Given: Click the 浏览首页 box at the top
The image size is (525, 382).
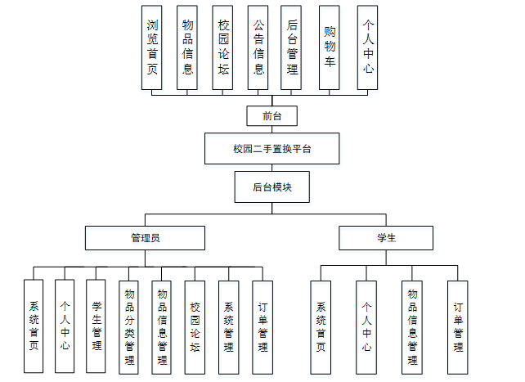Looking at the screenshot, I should tap(152, 47).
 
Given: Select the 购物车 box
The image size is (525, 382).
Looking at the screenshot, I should tap(330, 47).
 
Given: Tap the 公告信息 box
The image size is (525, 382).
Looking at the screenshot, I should tap(258, 47).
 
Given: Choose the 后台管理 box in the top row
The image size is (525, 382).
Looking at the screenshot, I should tap(293, 47).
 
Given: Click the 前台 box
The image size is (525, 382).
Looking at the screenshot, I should tap(271, 115).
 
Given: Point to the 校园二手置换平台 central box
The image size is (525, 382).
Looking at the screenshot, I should tap(271, 149).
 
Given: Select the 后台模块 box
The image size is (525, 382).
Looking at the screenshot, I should tap(271, 187).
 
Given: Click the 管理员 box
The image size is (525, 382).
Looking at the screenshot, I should tap(145, 237).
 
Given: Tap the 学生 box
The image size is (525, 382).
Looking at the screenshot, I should tap(386, 237).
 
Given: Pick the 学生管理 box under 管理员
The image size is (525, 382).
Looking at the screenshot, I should tap(96, 326).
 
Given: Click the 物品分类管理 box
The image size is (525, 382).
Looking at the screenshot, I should tap(129, 326).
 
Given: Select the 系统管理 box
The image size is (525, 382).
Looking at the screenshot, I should tap(229, 326).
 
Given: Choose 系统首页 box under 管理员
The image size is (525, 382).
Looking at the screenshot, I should tap(34, 326).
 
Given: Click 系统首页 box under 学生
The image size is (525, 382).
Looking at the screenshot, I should tap(321, 326).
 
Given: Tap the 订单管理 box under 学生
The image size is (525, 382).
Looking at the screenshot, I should tap(458, 326).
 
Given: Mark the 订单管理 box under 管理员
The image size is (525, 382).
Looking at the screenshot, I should tap(262, 326).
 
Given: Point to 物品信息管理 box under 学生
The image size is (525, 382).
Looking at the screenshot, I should tap(412, 326).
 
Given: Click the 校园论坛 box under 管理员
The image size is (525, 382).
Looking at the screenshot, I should tap(195, 326).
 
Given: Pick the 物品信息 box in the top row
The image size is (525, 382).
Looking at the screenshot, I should tap(187, 47).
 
